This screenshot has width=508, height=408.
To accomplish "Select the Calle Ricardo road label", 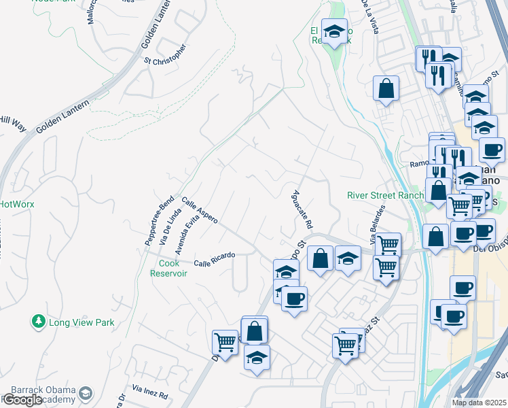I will (x=214, y=259).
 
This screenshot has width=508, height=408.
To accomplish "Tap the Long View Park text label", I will (x=81, y=322).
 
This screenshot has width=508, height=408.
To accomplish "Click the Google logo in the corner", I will (x=22, y=399).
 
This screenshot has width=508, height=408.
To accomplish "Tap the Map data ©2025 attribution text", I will (x=479, y=403).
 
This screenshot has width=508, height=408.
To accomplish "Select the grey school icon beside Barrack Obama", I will (x=86, y=393).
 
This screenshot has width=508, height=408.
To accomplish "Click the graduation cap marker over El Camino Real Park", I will (x=333, y=31).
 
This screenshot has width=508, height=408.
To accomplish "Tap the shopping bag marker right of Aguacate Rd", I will (x=319, y=258).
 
